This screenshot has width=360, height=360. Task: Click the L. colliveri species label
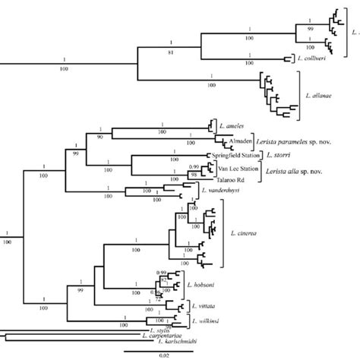pyautogui.click(x=311, y=57)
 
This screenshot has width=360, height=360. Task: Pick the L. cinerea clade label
pyautogui.click(x=242, y=233)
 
